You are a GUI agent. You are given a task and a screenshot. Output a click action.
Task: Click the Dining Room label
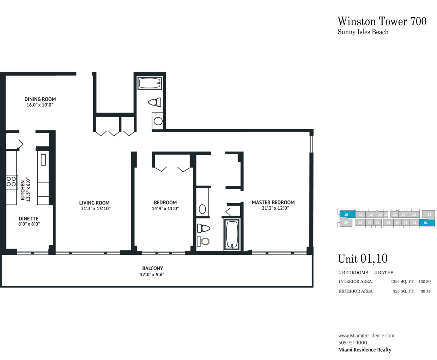40,99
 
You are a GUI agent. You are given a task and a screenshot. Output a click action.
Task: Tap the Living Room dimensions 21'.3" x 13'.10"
96,208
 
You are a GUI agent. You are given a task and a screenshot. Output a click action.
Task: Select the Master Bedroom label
273,202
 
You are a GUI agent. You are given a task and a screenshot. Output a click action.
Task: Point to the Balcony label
152,268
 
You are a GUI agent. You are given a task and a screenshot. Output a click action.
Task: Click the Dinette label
29,218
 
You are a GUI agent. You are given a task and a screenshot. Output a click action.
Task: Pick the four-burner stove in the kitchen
12,182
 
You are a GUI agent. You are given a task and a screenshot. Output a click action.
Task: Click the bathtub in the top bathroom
150,83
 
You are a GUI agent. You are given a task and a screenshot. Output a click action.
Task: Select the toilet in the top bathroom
155,102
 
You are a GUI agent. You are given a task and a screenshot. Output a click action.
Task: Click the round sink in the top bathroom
158,121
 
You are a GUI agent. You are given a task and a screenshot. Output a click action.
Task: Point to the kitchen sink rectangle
43,160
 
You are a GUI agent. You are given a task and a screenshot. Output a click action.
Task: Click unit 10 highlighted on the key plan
346,215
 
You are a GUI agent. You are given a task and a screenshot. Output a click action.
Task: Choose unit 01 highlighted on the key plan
427,223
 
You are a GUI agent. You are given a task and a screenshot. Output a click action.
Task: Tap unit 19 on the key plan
429,215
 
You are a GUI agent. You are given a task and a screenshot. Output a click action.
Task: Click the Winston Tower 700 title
382,22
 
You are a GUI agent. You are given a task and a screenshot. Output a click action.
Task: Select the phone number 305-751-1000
353,342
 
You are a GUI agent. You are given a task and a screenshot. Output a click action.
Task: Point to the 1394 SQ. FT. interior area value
402,282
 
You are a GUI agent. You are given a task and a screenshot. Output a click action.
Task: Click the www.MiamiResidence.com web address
366,336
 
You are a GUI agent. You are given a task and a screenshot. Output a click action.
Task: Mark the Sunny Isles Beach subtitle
363,32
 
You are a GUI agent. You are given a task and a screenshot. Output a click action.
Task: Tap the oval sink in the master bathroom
202,209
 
